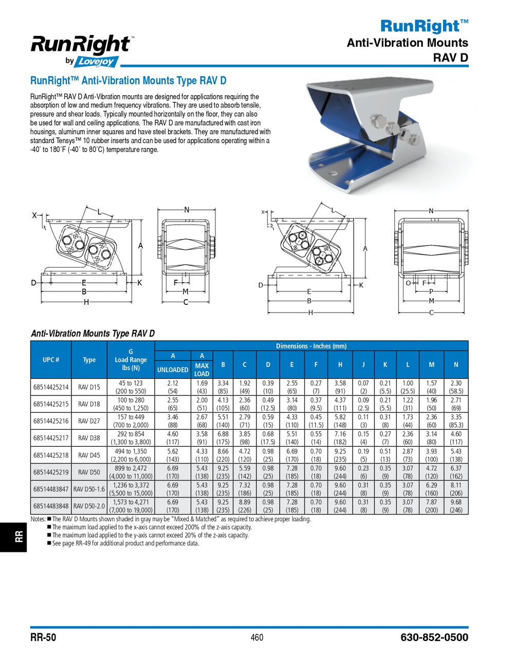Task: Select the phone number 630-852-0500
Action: (x=434, y=637)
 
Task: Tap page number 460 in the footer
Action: (x=256, y=637)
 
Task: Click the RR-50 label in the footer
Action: (x=43, y=637)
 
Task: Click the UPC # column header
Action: (x=50, y=360)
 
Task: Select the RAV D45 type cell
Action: (x=89, y=455)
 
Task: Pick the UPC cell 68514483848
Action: (x=50, y=506)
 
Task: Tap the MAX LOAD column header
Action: (x=201, y=369)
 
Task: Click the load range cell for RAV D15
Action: (x=131, y=387)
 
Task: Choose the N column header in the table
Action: (x=455, y=364)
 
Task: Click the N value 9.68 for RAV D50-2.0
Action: (x=455, y=506)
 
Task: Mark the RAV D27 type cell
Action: (x=89, y=421)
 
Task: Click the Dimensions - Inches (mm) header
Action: (x=311, y=346)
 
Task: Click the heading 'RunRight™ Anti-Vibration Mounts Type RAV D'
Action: (x=128, y=81)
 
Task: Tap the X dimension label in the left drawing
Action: (x=34, y=215)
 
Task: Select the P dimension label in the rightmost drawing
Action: (x=431, y=291)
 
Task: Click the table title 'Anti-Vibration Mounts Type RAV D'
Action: (x=93, y=333)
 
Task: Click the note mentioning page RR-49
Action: (x=125, y=543)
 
